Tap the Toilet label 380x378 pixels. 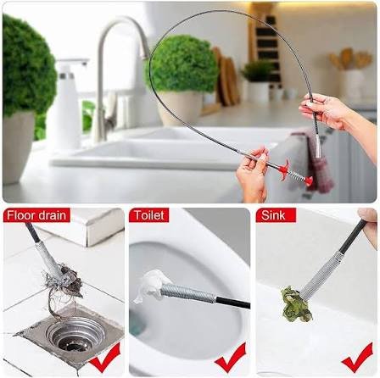[149, 215]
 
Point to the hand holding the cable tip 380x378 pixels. [327, 109]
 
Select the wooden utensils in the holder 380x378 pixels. [347, 60]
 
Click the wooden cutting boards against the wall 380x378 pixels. [226, 76]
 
